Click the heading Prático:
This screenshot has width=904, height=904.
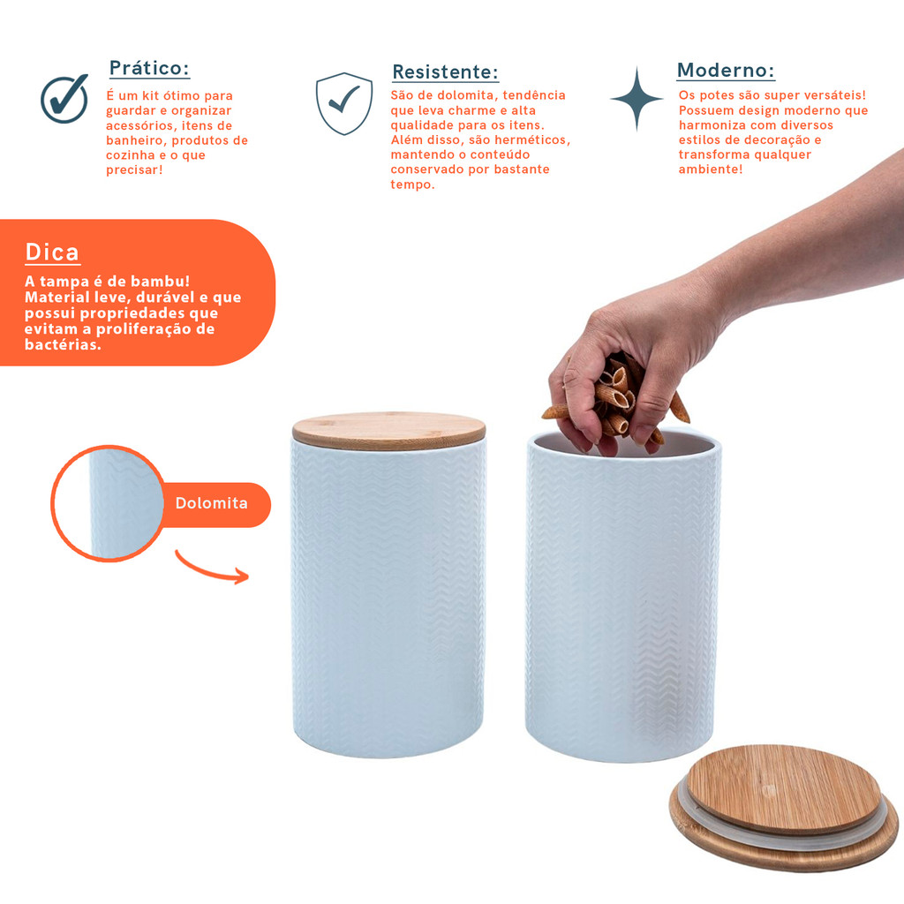click(x=149, y=68)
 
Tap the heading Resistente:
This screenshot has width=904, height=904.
click(x=445, y=72)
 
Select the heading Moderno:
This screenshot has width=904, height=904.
click(x=726, y=71)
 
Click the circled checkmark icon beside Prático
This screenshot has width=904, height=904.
click(x=64, y=99)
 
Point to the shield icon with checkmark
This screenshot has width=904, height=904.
click(x=344, y=104)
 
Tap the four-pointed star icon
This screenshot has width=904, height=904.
click(x=637, y=99)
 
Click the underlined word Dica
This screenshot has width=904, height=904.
click(x=52, y=252)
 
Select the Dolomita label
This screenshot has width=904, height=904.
click(x=212, y=503)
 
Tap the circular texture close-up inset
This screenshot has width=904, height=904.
click(x=109, y=503)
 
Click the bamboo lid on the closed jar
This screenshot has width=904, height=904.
click(x=389, y=431)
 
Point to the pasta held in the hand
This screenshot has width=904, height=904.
click(x=617, y=398)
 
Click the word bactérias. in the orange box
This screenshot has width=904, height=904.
click(x=63, y=345)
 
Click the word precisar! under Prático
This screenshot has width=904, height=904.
click(x=134, y=170)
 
